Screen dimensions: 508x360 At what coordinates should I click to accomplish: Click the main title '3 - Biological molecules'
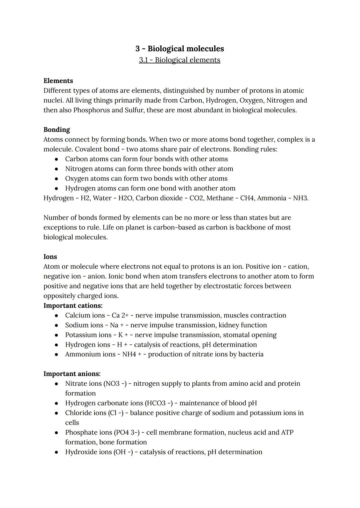point(180,49)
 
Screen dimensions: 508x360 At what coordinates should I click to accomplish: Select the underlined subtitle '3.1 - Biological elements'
point(180,60)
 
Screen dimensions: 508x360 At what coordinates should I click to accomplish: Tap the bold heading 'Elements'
point(58,81)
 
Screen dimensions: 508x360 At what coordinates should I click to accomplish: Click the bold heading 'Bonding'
point(57,130)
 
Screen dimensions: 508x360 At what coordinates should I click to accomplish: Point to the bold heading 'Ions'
point(50,256)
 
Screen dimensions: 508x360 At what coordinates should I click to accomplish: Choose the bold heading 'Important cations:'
point(73,305)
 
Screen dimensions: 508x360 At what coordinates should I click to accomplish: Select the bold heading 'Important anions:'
point(72,374)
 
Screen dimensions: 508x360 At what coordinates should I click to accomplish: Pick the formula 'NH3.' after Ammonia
point(301,198)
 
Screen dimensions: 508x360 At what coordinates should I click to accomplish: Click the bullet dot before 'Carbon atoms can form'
point(57,159)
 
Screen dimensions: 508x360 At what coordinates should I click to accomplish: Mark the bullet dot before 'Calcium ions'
point(57,315)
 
